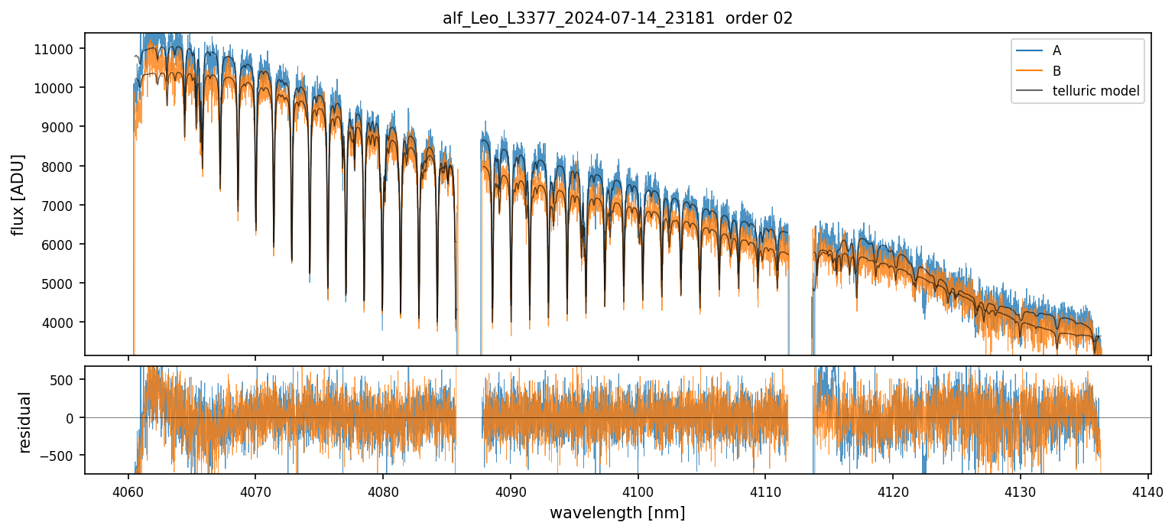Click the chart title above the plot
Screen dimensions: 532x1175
618,18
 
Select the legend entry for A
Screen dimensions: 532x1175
1057,50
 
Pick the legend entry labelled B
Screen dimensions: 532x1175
1057,71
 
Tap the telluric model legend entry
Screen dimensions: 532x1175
1095,91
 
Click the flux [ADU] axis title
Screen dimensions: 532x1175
18,194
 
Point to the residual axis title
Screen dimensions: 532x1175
24,422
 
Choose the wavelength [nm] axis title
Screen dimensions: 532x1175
617,512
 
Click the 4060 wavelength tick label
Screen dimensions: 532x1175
128,491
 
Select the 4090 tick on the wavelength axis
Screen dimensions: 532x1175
510,491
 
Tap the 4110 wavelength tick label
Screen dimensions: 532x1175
765,491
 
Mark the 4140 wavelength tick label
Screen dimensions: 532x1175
1148,491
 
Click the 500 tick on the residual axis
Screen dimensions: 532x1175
64,379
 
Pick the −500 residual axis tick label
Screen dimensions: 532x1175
60,456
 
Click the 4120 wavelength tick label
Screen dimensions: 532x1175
893,491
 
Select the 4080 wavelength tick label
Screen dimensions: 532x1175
382,491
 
